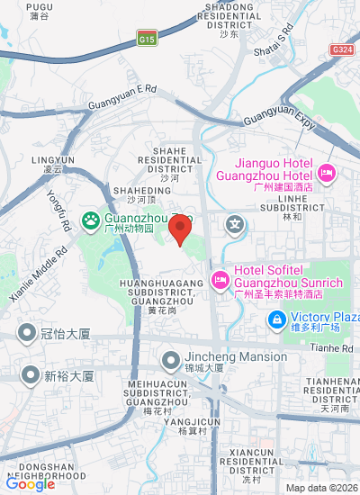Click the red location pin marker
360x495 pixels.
(181, 229)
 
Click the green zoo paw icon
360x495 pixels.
(91, 220)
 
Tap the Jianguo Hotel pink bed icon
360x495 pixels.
(326, 172)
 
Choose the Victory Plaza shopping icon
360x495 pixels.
(278, 319)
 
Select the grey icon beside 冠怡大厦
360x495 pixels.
(28, 334)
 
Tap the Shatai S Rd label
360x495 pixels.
(284, 44)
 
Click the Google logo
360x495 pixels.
(31, 483)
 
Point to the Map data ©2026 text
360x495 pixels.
(321, 488)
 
